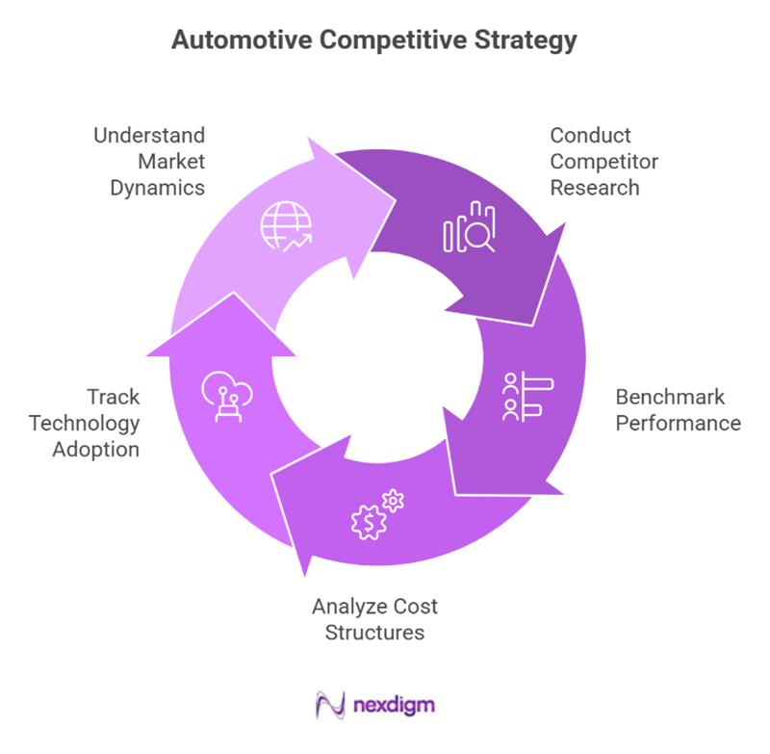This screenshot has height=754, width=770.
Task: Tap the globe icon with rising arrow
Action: coord(285,228)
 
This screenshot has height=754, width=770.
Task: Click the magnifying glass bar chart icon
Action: coord(469,228)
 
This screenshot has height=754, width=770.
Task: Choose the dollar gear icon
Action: coord(369,520)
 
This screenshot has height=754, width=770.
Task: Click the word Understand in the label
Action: coord(149,135)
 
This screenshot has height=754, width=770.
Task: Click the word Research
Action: coord(595,187)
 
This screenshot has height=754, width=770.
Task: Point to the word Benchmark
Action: coord(670,397)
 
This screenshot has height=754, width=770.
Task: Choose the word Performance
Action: coord(679,423)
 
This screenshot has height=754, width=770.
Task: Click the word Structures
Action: coord(374,633)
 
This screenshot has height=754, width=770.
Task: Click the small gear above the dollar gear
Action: coord(393,500)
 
